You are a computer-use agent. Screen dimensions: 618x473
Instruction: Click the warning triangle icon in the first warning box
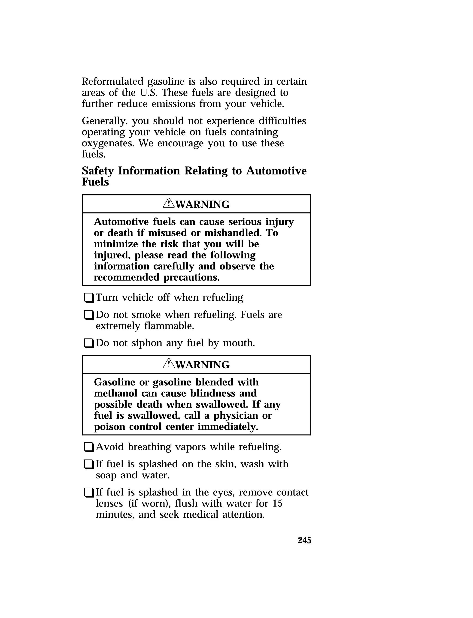tap(169, 203)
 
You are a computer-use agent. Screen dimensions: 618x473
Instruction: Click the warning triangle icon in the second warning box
tap(169, 363)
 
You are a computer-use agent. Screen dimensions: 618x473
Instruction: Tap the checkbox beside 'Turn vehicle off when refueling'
tap(89, 298)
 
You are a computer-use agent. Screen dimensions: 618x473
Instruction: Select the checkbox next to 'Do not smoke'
tap(89, 315)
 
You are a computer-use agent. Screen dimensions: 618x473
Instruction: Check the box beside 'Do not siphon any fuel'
tap(89, 343)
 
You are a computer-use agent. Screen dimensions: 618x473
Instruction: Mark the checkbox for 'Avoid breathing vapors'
tap(89, 447)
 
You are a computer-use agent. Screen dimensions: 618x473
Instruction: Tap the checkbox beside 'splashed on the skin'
tap(89, 464)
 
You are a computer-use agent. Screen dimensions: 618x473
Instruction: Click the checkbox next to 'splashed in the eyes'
tap(89, 493)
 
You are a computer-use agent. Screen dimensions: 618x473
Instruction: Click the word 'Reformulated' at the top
tap(113, 81)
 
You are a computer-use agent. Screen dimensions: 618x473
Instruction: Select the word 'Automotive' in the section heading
tap(276, 171)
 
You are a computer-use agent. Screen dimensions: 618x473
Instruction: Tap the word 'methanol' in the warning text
tap(116, 393)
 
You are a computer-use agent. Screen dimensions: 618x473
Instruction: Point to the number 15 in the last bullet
tap(277, 503)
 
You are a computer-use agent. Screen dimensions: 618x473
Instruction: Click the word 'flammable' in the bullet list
tap(169, 326)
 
